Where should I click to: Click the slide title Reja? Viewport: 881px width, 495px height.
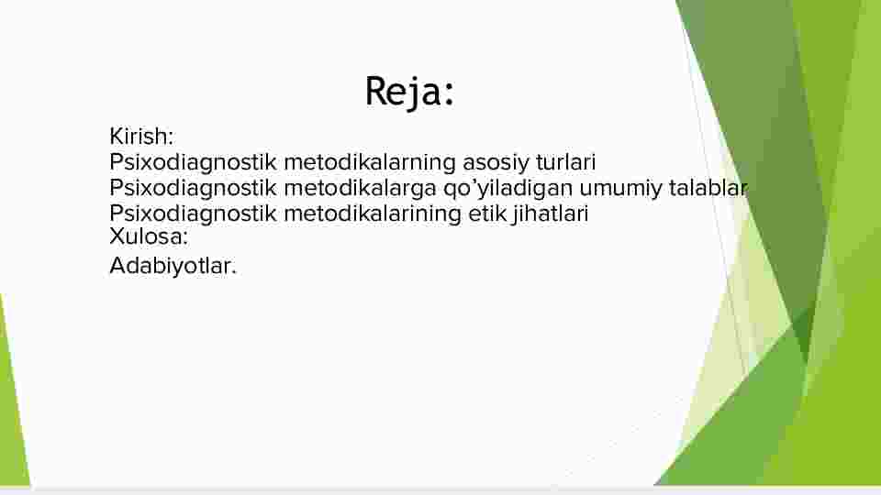coord(409,92)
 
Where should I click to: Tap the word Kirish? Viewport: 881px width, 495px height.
coord(141,137)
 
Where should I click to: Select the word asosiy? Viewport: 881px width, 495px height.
coord(496,163)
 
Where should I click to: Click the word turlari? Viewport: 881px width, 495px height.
coord(566,162)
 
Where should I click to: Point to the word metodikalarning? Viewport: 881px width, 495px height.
coord(370,163)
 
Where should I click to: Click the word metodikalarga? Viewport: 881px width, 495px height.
coord(360,189)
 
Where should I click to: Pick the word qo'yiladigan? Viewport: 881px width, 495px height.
coord(507,189)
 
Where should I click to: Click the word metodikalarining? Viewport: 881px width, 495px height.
coord(373,214)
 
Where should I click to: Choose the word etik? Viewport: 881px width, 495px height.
coord(487,214)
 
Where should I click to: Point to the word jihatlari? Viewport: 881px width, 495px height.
coord(551,214)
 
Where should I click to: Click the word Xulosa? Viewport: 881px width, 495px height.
coord(149,236)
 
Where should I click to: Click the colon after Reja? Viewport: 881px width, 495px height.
coord(449,93)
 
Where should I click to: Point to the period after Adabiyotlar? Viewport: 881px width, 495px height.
coord(234,273)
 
